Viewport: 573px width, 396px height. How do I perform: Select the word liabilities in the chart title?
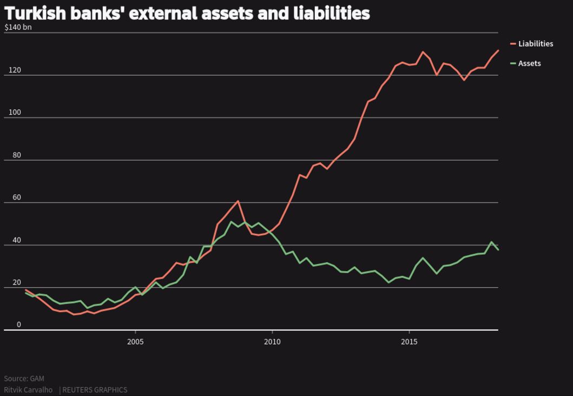pos(332,13)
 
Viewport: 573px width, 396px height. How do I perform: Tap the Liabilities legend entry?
pos(535,44)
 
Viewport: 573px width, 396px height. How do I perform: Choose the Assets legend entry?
pos(529,63)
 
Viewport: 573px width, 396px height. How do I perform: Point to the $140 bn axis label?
pos(18,27)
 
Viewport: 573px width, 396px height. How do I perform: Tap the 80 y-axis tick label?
pos(16,155)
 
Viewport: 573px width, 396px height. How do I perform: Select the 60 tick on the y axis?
pos(16,197)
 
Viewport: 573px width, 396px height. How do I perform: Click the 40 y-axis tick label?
pos(16,240)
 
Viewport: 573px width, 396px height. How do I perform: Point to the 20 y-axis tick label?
pos(16,282)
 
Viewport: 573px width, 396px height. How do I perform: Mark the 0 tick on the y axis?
pos(18,325)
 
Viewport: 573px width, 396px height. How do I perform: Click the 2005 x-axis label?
pos(135,341)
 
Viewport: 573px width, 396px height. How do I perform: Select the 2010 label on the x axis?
pos(272,341)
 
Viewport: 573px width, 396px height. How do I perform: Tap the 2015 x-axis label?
pos(409,341)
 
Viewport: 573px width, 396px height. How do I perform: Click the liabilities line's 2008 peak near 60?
pos(238,201)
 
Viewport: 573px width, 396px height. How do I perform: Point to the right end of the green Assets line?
pos(498,249)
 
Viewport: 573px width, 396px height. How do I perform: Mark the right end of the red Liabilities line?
pos(498,50)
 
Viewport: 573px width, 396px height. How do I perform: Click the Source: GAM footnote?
pos(24,379)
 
